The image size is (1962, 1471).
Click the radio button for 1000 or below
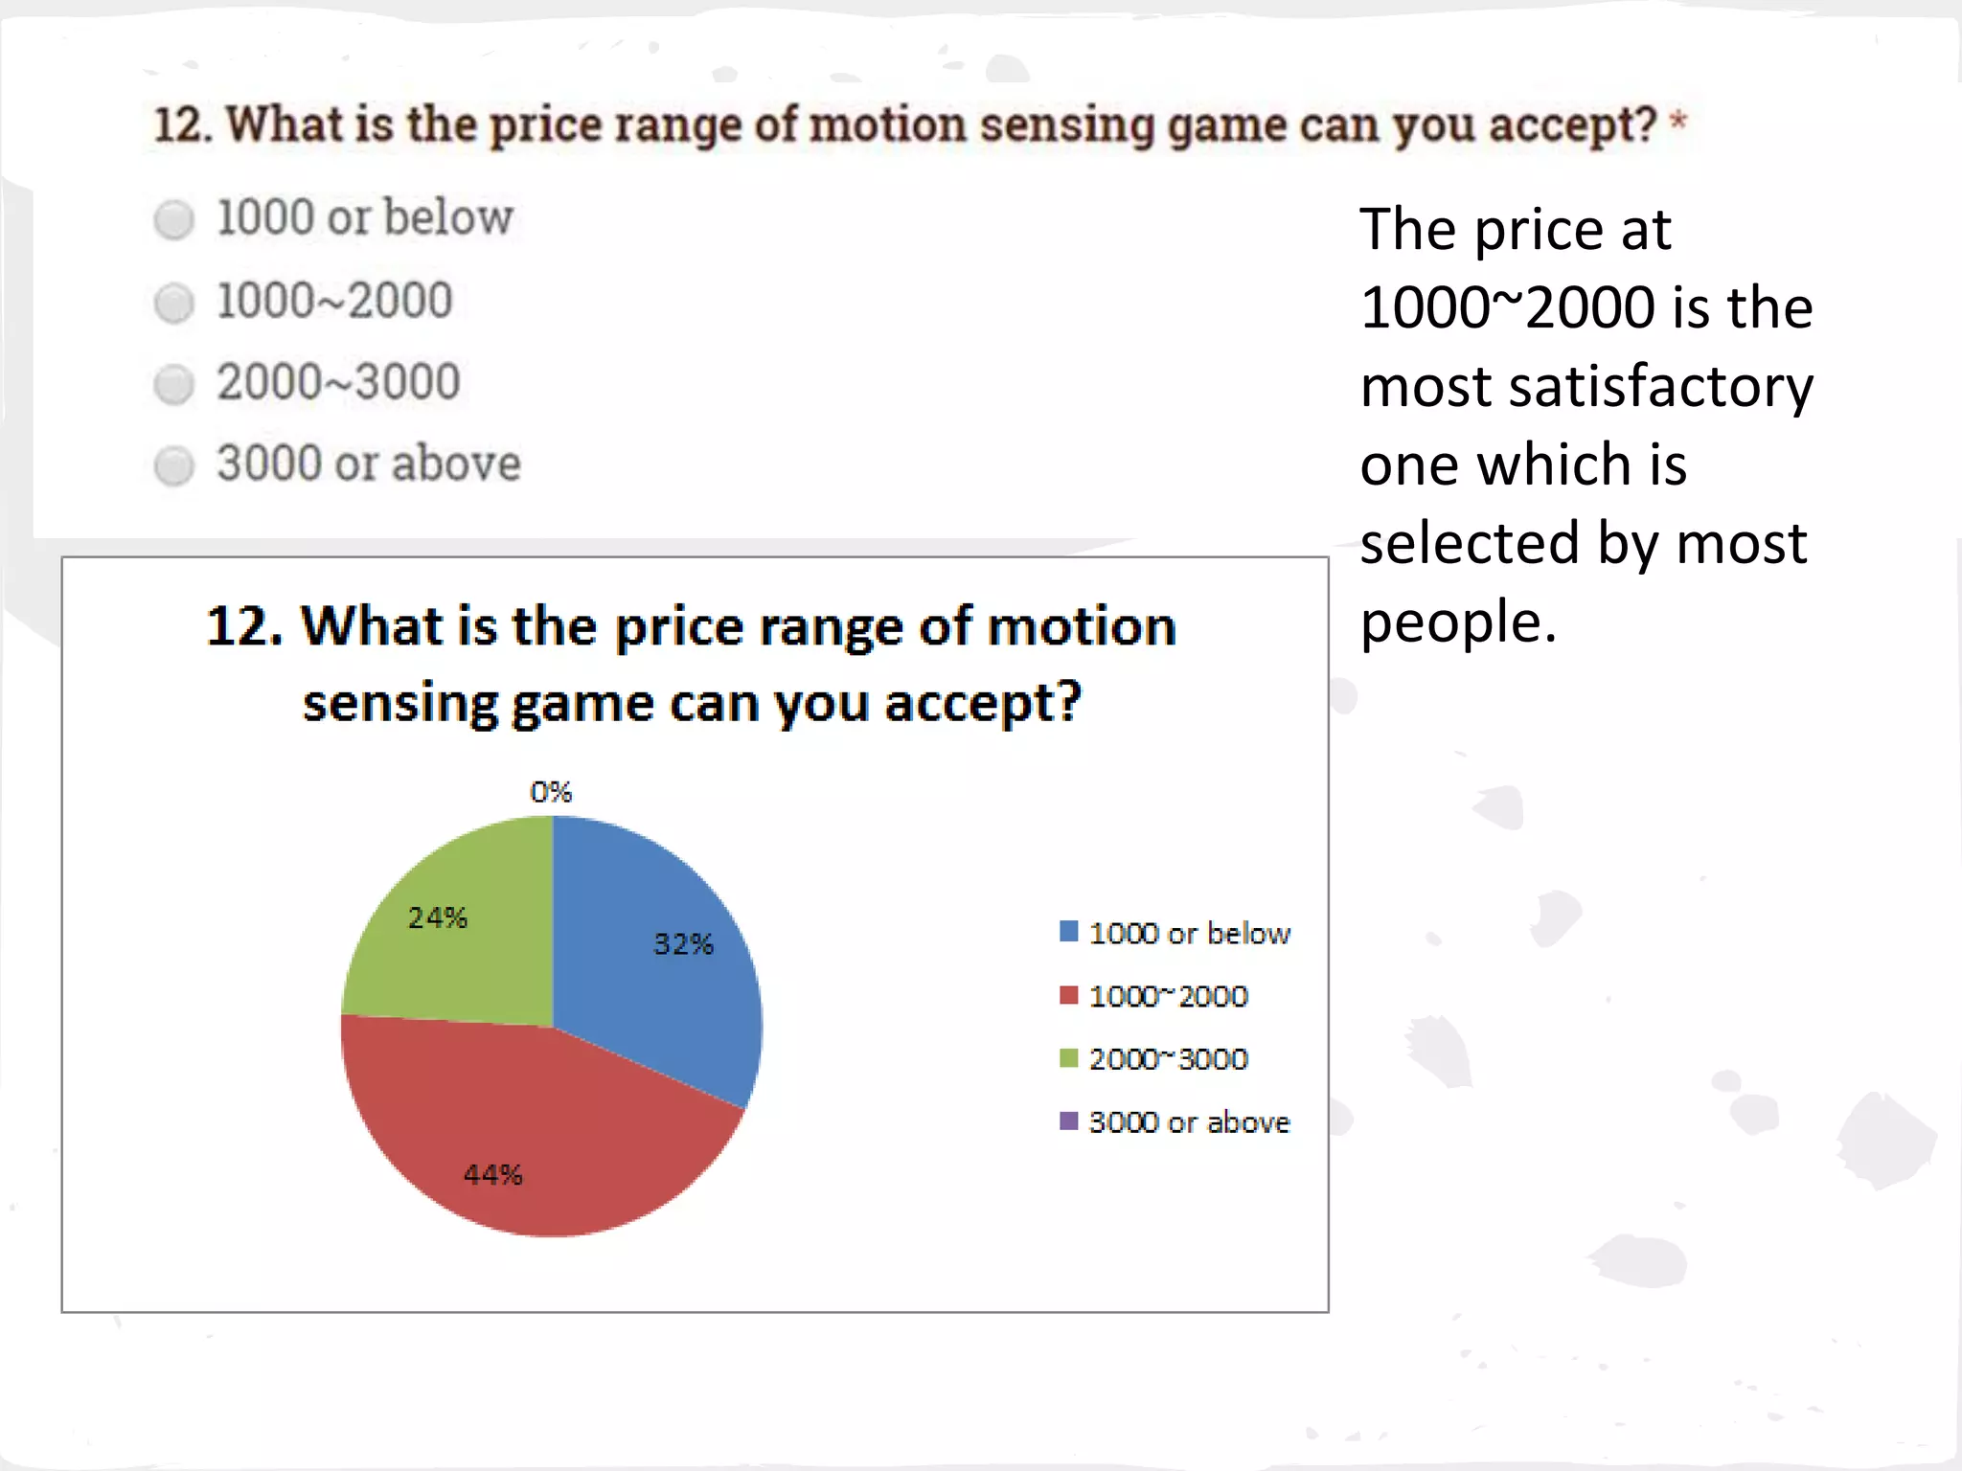[x=173, y=219]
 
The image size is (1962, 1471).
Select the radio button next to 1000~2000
[x=173, y=303]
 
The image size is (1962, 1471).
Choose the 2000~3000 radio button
[x=173, y=384]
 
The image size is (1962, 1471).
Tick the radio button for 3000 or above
[x=173, y=466]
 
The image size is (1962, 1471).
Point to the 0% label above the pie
[x=551, y=792]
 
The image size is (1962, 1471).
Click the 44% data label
[x=492, y=1174]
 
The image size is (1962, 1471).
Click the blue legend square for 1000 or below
[x=1068, y=932]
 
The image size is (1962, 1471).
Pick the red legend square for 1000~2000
[x=1068, y=995]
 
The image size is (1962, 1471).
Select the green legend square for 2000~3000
[x=1068, y=1058]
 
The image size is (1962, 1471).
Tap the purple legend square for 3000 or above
[x=1068, y=1120]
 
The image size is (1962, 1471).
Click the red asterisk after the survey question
[x=1677, y=121]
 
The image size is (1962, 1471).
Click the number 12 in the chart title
[x=238, y=626]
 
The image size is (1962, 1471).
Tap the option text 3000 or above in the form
[x=369, y=464]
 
